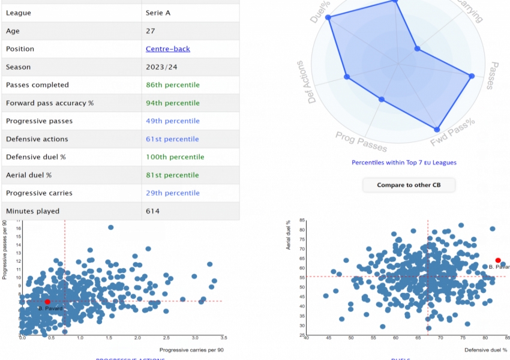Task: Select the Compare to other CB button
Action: coord(409,185)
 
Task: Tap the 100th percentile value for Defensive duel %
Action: coord(173,157)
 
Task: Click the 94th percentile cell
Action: coord(173,103)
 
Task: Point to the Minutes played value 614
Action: coord(152,211)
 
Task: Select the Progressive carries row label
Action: coord(39,193)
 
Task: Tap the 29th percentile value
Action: coord(172,193)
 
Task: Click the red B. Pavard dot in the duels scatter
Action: coord(498,260)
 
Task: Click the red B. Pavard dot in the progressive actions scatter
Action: coord(47,302)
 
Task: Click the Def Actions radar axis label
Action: coord(313,82)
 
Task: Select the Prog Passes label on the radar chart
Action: coord(361,142)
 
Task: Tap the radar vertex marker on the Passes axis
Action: coord(472,76)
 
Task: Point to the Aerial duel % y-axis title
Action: coord(288,235)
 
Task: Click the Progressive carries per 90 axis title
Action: coord(191,350)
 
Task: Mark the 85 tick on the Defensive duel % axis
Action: coord(506,338)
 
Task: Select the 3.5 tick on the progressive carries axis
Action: coord(223,338)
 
